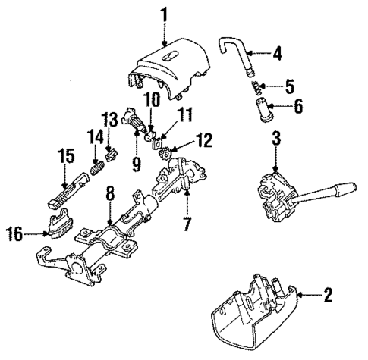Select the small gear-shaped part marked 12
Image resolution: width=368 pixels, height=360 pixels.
click(x=167, y=151)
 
